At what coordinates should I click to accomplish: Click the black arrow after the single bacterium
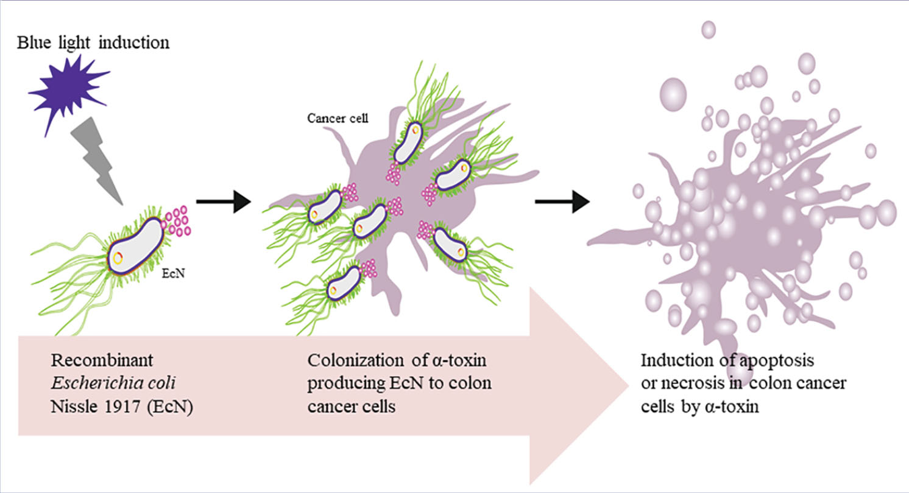click(x=224, y=201)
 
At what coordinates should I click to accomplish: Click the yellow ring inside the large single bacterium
click(x=117, y=257)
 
